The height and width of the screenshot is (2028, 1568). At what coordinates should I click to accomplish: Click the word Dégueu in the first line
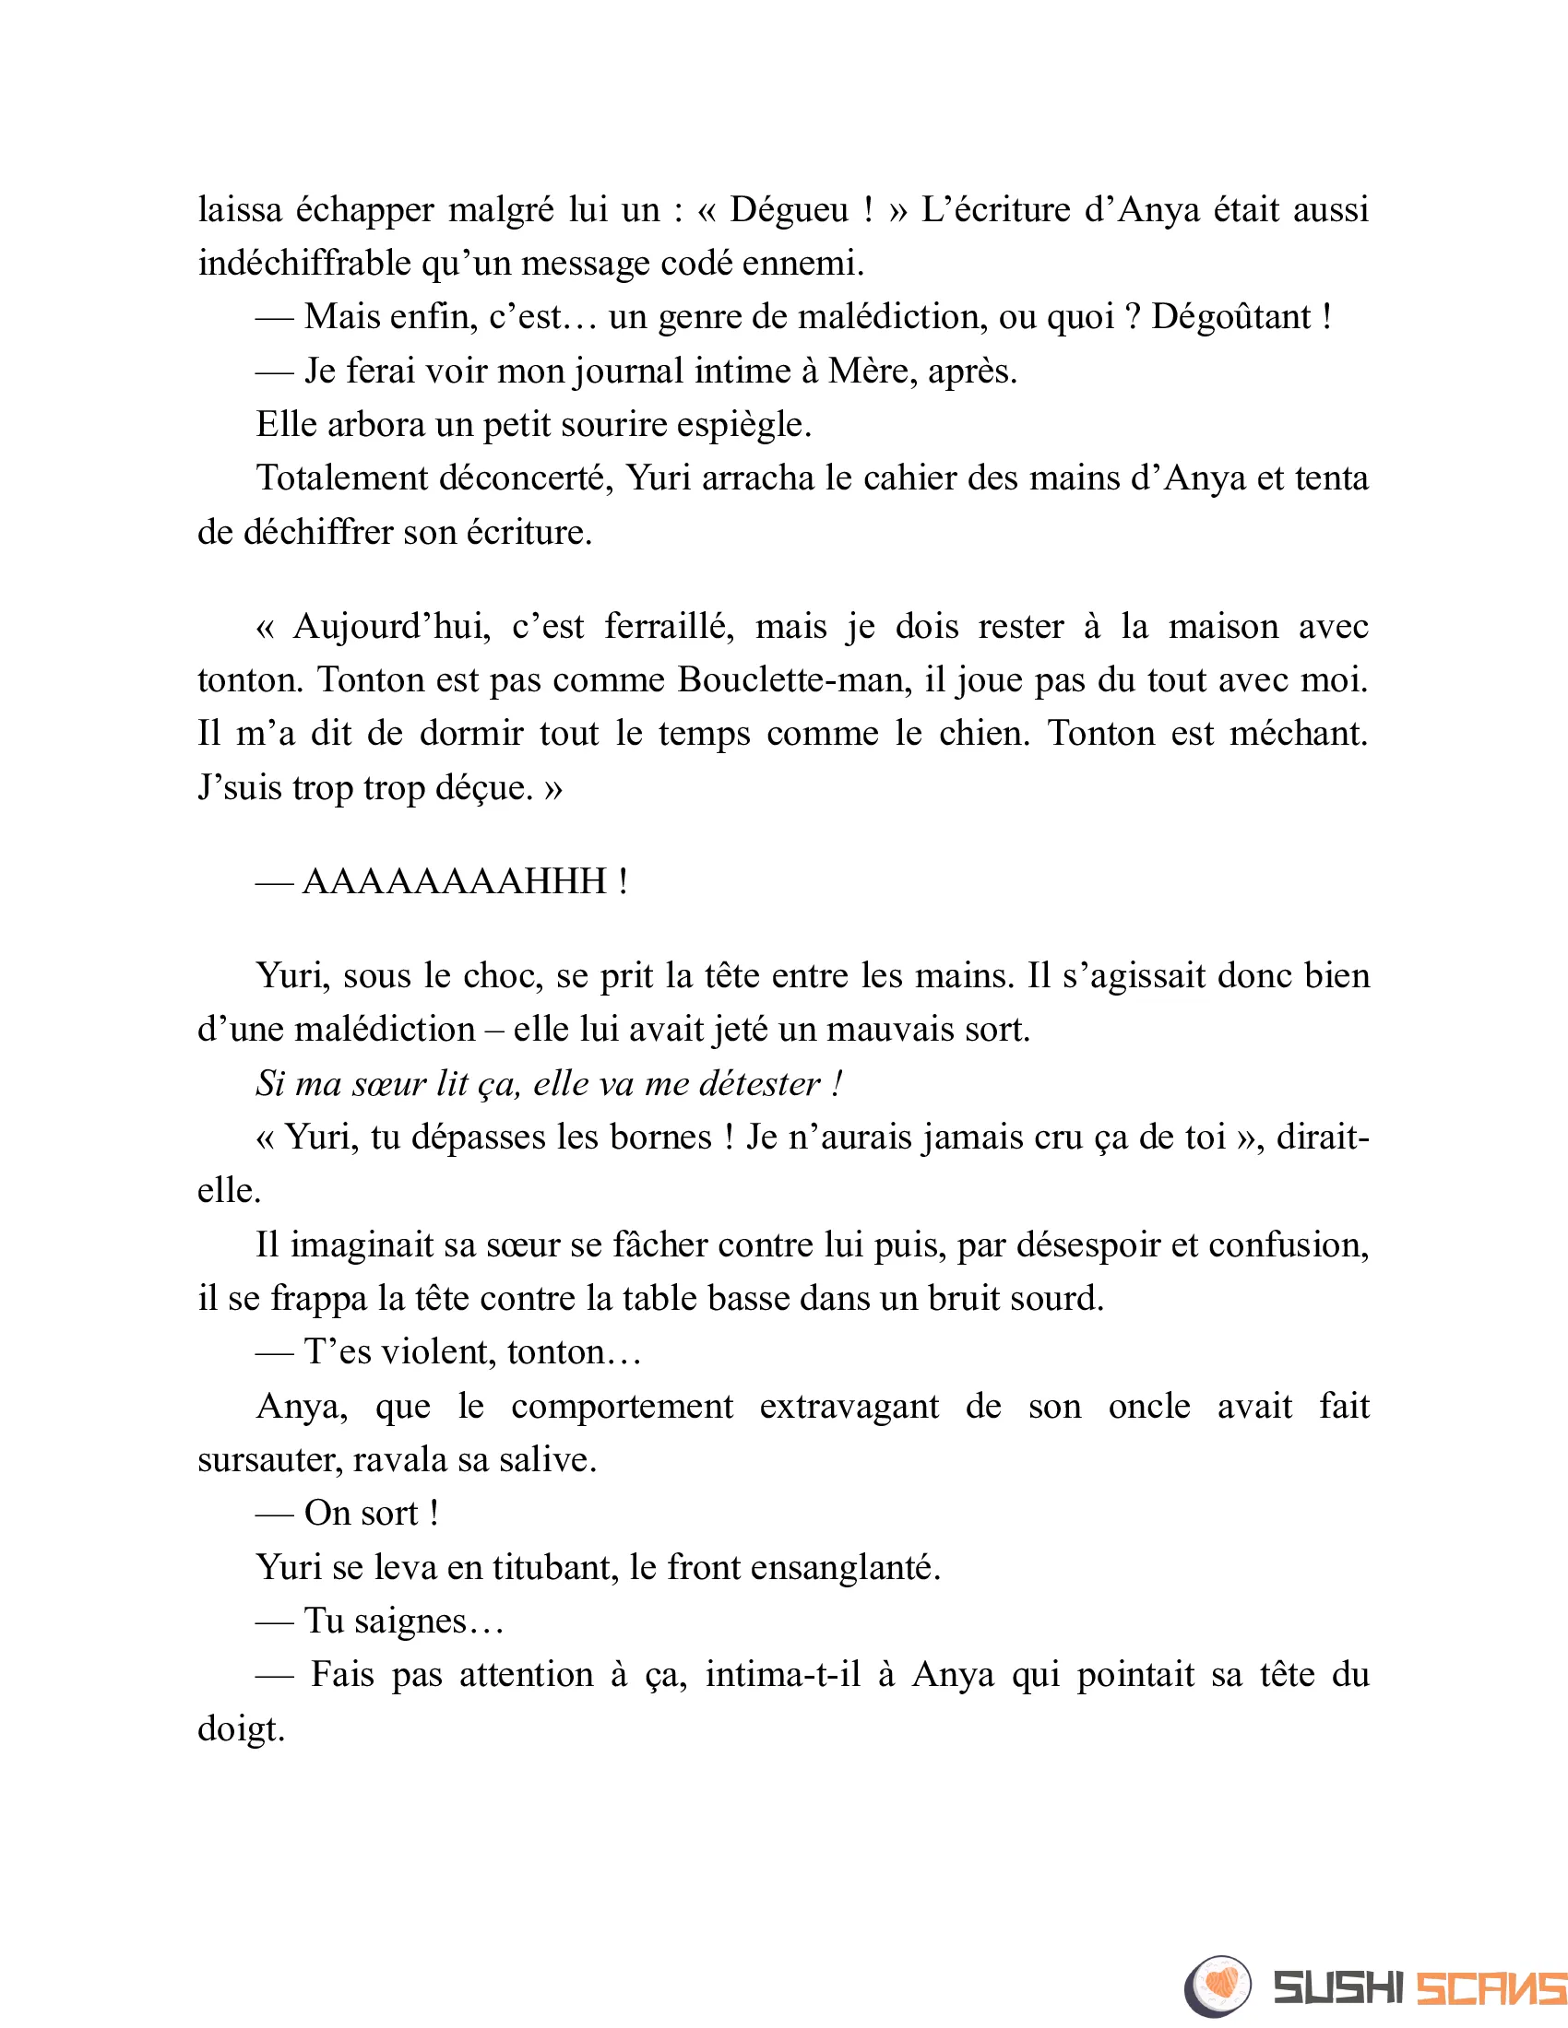789,211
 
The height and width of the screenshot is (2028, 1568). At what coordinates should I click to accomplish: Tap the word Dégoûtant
1229,318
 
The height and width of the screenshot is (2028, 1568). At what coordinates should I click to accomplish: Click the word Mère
870,371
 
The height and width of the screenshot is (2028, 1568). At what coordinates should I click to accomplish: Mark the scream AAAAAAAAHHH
454,881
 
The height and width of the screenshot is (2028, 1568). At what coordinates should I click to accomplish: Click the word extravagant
849,1407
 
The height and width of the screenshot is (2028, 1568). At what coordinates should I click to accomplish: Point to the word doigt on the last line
241,1729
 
